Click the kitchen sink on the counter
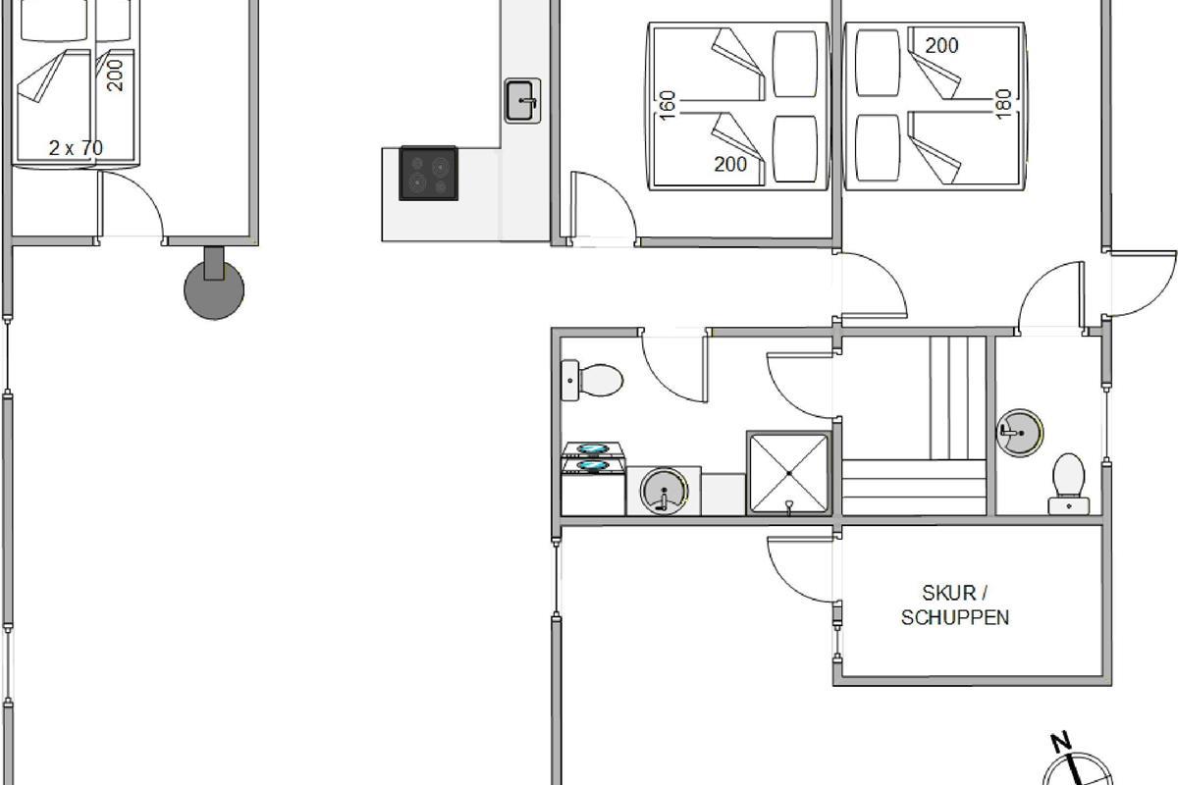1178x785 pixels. coord(522,101)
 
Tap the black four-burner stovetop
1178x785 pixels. coord(429,173)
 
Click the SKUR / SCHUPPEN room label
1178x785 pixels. coord(955,605)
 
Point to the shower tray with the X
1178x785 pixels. coord(789,473)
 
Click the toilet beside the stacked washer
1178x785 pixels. coord(592,380)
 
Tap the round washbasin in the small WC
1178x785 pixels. coord(1020,434)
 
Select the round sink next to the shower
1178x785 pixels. coord(665,491)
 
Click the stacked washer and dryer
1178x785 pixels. coord(593,479)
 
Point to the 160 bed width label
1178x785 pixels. coord(668,105)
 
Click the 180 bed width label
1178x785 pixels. coord(1003,104)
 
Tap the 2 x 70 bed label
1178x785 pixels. coord(76,148)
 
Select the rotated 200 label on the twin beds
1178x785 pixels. coord(115,76)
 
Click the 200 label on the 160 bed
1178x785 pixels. coord(730,165)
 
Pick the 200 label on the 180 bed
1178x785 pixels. coord(941,46)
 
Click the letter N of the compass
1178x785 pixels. coord(1061,742)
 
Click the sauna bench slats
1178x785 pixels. coord(914,426)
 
